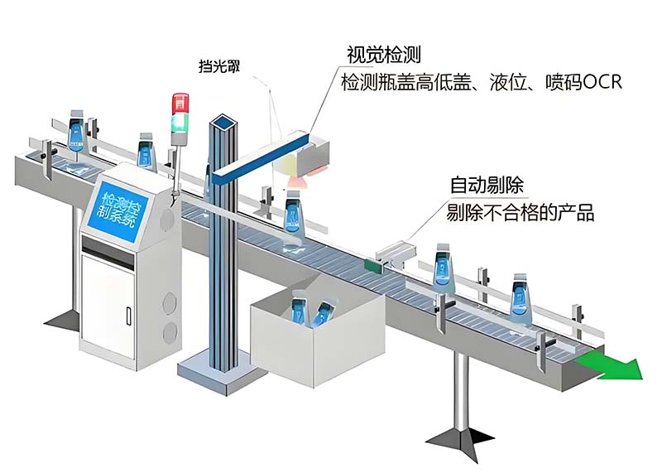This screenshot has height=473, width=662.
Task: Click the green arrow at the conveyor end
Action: (x=612, y=363)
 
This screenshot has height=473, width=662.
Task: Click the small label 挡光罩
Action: (x=220, y=66)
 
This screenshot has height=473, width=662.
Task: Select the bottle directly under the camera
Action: (x=293, y=214)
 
